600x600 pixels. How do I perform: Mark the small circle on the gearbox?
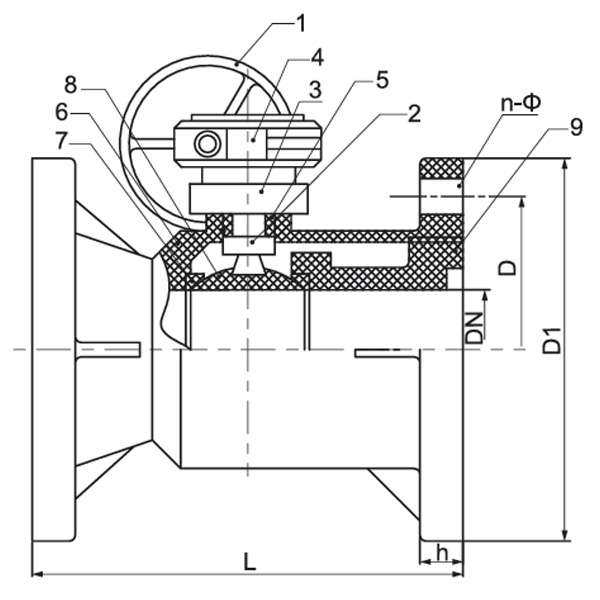(x=208, y=144)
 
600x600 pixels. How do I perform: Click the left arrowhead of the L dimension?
(x=37, y=574)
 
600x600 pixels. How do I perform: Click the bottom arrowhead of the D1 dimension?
(x=567, y=535)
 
